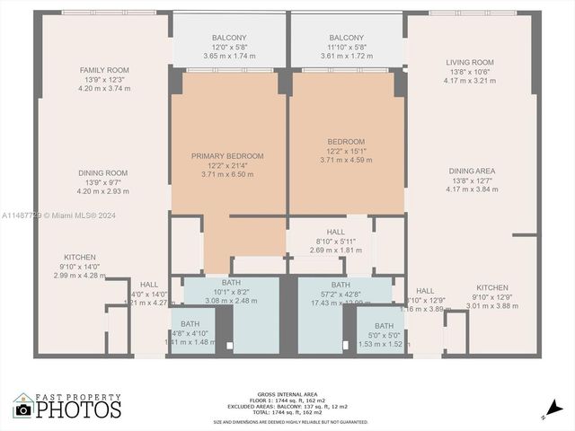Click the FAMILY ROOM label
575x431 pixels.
point(104,70)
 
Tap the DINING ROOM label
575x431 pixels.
point(104,172)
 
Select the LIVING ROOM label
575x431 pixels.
point(470,62)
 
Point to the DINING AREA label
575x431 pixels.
point(472,171)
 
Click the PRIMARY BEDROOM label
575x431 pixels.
point(227,155)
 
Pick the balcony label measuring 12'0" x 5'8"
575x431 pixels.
point(229,37)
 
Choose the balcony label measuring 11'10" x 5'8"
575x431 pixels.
point(346,37)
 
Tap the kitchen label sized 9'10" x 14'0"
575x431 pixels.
point(79,257)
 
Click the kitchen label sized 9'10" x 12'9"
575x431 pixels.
point(491,287)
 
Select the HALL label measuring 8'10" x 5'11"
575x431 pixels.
point(335,231)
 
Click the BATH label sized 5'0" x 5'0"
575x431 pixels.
point(384,326)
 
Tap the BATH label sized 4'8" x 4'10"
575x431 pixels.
point(190,324)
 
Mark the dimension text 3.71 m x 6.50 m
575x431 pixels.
point(227,174)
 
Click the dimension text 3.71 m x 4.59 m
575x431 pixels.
point(346,160)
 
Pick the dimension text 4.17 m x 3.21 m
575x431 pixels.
point(470,81)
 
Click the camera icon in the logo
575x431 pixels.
point(23,409)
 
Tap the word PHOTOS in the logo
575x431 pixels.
point(79,410)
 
